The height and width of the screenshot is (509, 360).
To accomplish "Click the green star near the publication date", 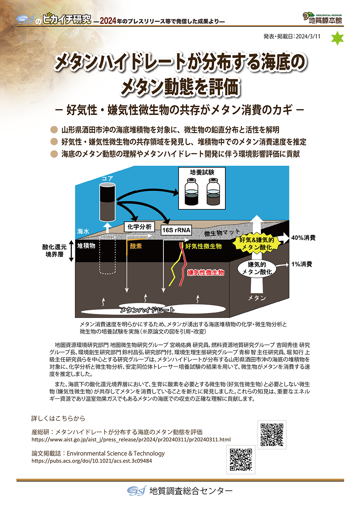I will click(x=337, y=39).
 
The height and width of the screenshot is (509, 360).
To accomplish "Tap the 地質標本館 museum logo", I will click(x=323, y=18).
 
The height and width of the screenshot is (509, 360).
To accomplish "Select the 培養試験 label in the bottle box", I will click(x=202, y=172).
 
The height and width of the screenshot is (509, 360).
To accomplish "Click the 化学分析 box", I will click(x=139, y=227).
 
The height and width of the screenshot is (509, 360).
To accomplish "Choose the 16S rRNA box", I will click(x=176, y=230).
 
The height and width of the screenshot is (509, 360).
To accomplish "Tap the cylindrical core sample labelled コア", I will click(x=107, y=202).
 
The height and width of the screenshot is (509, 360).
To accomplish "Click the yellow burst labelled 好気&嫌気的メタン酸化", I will click(x=256, y=244).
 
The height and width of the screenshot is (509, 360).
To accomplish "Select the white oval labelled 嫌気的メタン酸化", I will click(x=257, y=268).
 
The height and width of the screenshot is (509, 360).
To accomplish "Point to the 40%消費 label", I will click(x=303, y=238).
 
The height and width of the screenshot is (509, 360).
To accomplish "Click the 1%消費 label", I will click(x=302, y=264).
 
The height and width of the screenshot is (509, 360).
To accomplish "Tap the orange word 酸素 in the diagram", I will click(x=136, y=246).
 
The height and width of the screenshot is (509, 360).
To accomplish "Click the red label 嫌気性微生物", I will click(x=206, y=273).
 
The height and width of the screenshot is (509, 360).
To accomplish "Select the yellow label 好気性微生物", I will click(x=203, y=246).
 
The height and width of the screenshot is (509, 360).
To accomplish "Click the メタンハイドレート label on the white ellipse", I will click(x=147, y=310).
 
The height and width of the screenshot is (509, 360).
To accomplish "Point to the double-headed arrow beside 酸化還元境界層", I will click(x=72, y=251).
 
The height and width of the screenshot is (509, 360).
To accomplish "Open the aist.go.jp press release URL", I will click(x=131, y=440).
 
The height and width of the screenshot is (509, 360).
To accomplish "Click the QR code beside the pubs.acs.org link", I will click(x=241, y=459).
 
